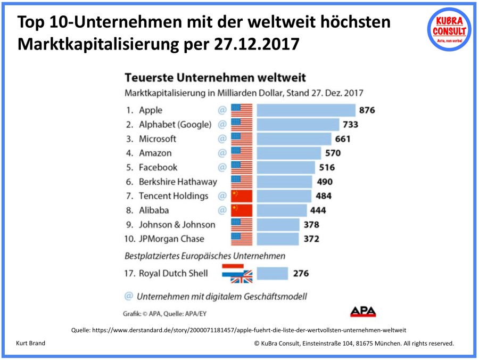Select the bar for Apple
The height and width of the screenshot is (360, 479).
(306, 110)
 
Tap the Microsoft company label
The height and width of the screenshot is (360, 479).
(157, 139)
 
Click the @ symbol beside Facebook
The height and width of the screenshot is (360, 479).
(222, 167)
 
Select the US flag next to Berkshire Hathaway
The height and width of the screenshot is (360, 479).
(242, 182)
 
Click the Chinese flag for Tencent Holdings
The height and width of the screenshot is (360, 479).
(242, 196)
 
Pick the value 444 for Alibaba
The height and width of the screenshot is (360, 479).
(318, 210)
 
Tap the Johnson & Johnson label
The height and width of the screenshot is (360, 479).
(177, 225)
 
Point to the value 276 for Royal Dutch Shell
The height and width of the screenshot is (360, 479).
(301, 274)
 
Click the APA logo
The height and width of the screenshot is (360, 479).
(362, 312)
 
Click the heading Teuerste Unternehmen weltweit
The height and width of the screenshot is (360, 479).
(214, 78)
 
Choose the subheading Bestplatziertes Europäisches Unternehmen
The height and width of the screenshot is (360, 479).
(205, 257)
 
